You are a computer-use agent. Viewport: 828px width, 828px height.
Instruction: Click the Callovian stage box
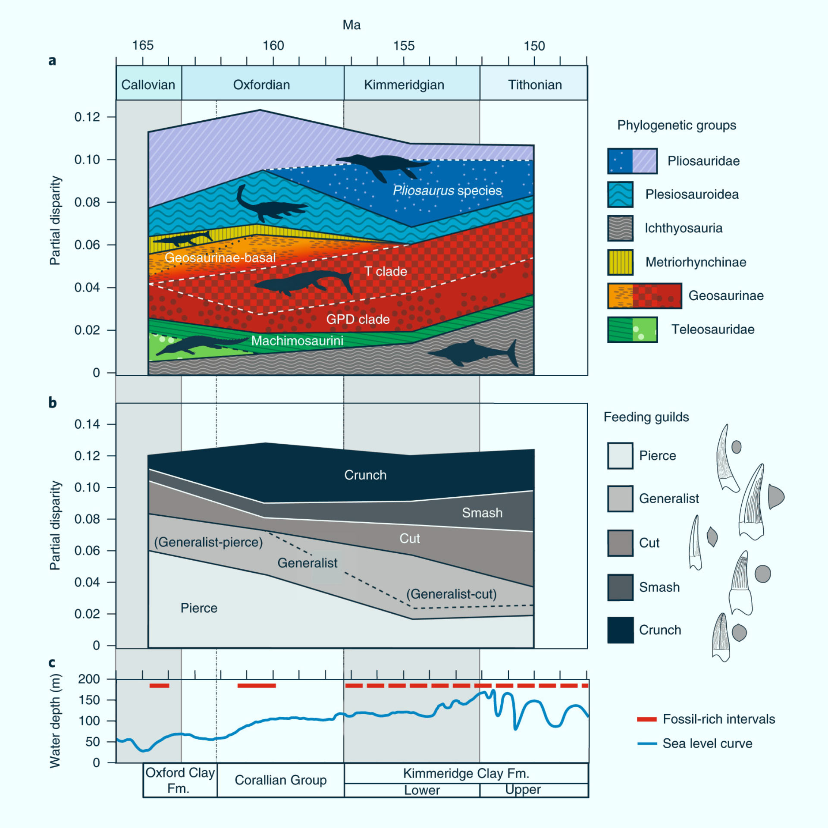pos(149,83)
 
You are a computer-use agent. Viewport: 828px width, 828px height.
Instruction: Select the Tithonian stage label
pos(535,85)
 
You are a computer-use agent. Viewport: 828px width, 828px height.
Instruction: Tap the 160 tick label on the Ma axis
pos(273,45)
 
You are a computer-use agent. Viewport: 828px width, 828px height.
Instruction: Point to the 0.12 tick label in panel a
pos(87,117)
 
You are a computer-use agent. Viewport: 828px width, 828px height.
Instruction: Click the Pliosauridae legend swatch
pos(632,161)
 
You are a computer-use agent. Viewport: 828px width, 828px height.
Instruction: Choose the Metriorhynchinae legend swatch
pos(620,262)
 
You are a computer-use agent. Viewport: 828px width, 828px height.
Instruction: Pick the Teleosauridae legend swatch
pos(632,329)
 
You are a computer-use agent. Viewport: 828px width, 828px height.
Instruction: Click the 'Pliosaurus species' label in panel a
pos(447,191)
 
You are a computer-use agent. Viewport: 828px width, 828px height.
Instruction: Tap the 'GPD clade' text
pos(358,319)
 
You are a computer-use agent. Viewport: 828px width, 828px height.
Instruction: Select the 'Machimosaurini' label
pos(298,341)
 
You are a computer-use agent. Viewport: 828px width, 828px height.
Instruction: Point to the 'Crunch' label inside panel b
pos(365,475)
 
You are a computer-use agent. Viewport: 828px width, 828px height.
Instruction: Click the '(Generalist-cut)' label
pos(452,594)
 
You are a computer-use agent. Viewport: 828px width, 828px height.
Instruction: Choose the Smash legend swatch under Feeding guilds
pos(620,587)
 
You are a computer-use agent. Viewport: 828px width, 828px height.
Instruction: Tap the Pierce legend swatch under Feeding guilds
pos(620,455)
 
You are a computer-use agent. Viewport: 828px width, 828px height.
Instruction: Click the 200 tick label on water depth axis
pos(89,679)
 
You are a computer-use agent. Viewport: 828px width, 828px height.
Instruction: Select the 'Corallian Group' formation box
pos(281,780)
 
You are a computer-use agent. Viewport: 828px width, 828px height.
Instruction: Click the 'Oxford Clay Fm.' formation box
pos(180,780)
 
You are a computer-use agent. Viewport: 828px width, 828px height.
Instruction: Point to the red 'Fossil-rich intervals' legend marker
pos(647,719)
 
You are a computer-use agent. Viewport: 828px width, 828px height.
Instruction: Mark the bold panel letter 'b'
pos(52,402)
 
